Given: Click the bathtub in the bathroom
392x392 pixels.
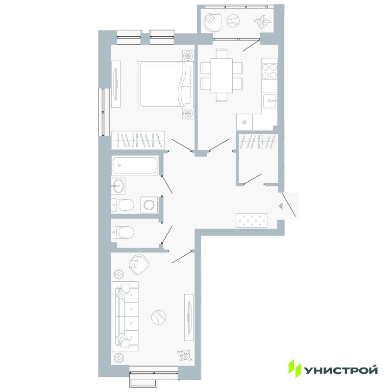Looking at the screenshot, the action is point(135,165).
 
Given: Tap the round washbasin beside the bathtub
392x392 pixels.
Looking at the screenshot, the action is point(118,186).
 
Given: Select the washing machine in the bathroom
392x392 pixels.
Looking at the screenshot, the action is point(149,205).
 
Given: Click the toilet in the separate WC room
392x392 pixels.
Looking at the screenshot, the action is point(122,232).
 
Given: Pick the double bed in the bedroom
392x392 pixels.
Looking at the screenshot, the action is point(167,85).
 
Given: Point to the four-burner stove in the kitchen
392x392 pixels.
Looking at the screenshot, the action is point(269,71).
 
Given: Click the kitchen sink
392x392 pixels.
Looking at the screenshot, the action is point(270,101).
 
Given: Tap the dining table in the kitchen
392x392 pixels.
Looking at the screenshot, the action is point(222,75).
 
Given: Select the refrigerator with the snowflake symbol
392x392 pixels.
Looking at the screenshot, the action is point(245,122).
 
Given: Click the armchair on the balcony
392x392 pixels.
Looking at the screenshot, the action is point(213,21).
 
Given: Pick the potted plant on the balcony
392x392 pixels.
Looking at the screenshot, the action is point(263,22).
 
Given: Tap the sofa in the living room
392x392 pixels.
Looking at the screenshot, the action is point(125,316).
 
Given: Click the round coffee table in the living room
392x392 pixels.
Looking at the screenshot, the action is point(159,317).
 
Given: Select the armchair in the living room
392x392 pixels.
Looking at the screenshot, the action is point(139,265).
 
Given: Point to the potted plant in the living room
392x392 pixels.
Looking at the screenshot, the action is point(185,355).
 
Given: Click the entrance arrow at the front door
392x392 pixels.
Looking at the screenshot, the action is point(281,206).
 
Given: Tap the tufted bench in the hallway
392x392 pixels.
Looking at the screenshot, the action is point(252,220).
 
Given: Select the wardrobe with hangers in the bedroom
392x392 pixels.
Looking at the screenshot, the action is point(138,140).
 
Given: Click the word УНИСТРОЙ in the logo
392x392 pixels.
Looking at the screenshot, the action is point(341,370).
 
